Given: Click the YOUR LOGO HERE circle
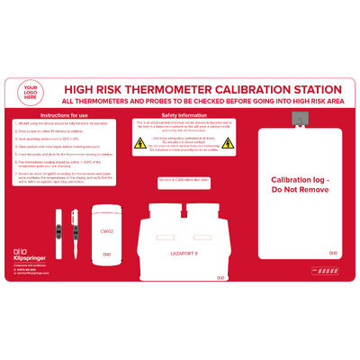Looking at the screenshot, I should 34,94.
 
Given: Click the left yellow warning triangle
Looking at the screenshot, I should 139,142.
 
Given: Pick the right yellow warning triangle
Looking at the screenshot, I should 228,142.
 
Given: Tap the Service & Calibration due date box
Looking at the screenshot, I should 184,180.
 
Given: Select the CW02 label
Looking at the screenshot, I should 105,231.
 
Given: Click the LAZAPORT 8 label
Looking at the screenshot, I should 184,255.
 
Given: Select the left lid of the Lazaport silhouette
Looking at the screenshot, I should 166,209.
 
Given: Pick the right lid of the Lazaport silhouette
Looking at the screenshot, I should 202,209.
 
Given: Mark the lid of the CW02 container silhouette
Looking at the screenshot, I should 105,210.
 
